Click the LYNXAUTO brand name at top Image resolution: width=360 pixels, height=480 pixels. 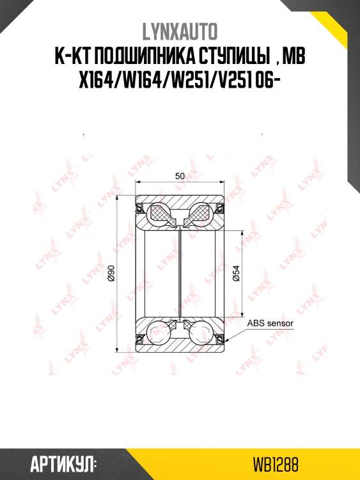tap(180, 31)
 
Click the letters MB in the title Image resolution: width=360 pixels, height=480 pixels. tap(294, 56)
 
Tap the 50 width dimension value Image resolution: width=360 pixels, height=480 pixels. tap(180, 176)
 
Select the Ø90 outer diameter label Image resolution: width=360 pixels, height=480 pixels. tap(111, 273)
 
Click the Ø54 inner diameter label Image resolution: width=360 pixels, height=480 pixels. tap(236, 273)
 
